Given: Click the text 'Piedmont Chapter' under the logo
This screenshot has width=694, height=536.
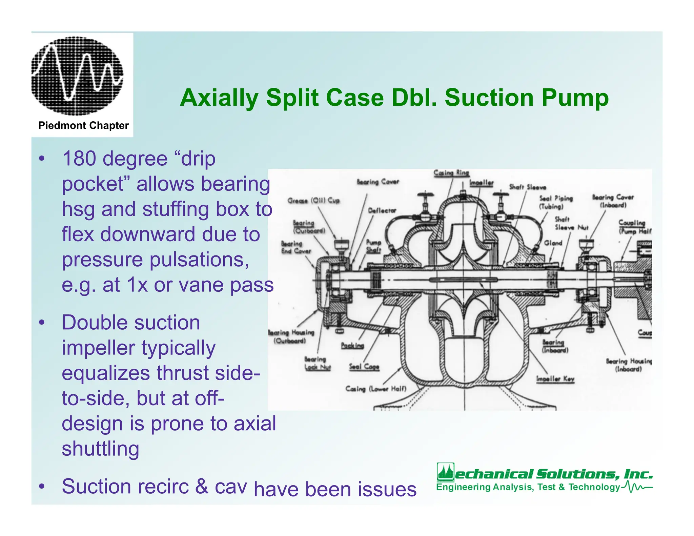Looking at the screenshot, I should click(83, 126).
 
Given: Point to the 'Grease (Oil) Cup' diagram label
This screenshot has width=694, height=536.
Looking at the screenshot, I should click(313, 201).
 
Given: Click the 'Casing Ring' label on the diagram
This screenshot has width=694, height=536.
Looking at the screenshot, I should click(451, 173).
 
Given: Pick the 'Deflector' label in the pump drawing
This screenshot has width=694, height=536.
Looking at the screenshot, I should click(382, 210).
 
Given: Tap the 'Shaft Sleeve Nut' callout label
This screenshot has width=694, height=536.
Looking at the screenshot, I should click(571, 223).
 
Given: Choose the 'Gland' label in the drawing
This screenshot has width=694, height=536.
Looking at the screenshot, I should click(553, 243).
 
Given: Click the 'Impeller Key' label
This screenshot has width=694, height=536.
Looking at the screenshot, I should click(555, 379).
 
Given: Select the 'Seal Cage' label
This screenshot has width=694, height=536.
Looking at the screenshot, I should click(364, 367).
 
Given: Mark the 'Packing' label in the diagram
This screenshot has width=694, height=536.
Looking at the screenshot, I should click(352, 346).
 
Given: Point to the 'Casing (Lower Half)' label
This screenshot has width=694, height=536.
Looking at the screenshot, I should click(375, 389).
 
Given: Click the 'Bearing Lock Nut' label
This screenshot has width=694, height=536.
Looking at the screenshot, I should click(317, 363).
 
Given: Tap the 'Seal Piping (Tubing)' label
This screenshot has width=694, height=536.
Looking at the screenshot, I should click(556, 202).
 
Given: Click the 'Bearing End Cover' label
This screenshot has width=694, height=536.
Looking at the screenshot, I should click(296, 247).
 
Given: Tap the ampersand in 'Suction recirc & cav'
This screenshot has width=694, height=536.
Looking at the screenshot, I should click(202, 486).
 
